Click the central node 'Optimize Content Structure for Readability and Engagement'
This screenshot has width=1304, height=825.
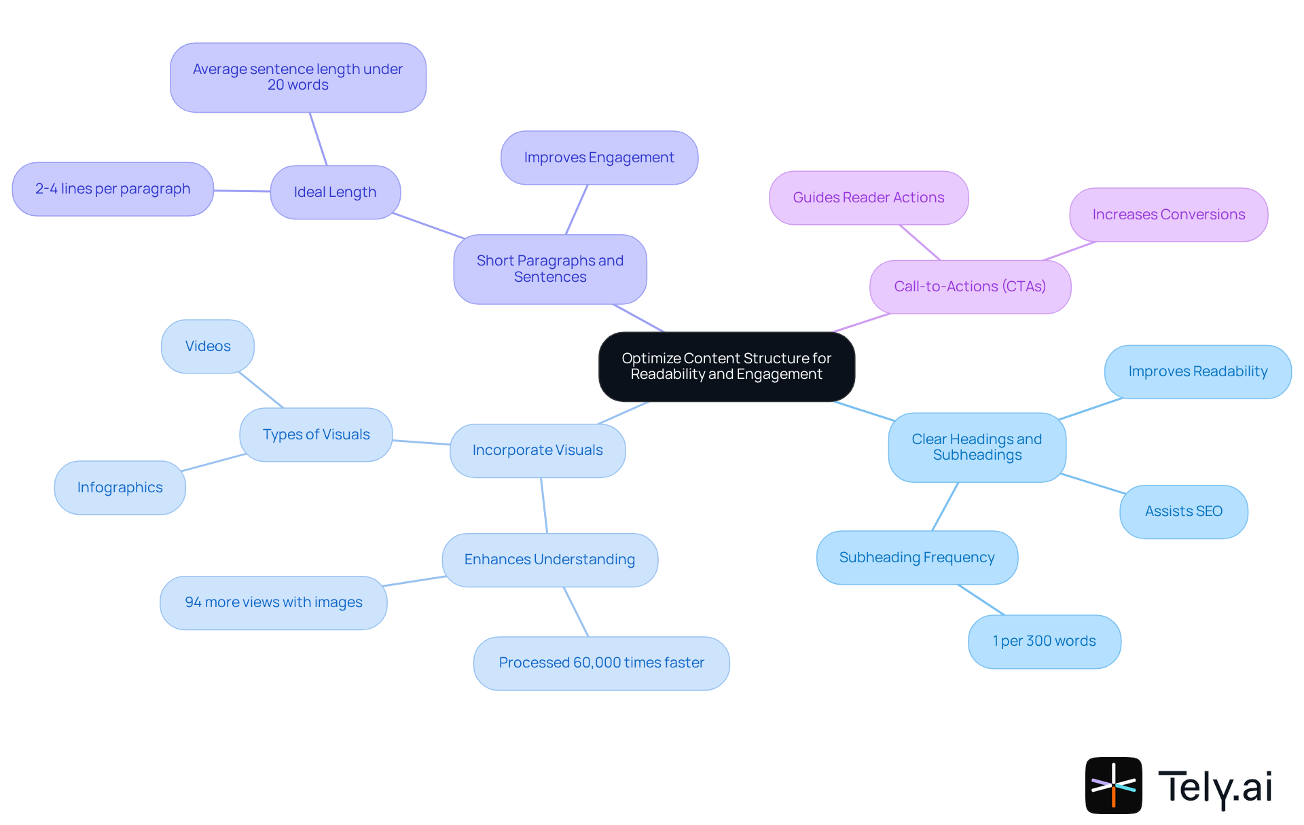726,366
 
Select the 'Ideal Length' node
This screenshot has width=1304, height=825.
335,192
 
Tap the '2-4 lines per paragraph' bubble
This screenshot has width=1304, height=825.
113,189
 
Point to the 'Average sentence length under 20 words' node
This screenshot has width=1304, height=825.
297,77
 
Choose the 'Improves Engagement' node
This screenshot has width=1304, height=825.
599,158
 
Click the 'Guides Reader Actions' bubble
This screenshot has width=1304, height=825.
869,198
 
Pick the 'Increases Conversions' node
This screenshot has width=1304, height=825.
1168,215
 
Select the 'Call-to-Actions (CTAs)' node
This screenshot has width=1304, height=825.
970,287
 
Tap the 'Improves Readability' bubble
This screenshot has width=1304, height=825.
1197,371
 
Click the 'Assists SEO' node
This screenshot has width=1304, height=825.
1183,511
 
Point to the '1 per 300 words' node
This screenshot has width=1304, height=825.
1044,641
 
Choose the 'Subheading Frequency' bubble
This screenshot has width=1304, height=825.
917,557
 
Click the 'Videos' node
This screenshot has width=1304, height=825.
208,346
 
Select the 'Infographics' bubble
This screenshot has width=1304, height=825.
120,488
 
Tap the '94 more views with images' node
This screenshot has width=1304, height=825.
273,602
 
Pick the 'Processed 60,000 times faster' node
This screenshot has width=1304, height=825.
601,663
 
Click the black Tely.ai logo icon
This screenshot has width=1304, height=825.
1113,785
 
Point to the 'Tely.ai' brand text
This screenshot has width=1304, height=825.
1214,787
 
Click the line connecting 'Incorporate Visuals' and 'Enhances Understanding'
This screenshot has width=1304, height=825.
544,505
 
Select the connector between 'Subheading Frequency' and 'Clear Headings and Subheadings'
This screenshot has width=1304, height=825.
945,507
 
